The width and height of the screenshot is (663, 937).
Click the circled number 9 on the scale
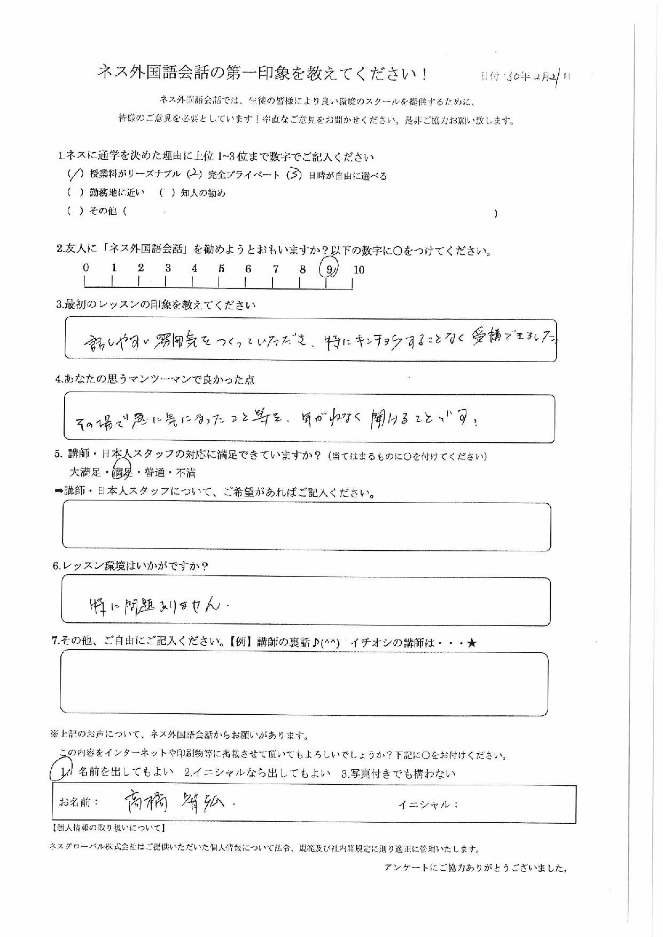(x=329, y=269)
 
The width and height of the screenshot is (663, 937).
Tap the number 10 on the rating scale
(x=358, y=270)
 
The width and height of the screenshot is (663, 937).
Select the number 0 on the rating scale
(x=85, y=268)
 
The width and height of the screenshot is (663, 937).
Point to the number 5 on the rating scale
(x=221, y=269)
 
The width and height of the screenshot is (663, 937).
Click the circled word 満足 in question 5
(x=123, y=472)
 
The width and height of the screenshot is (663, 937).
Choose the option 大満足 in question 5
(x=85, y=472)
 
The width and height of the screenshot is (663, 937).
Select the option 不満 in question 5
(x=185, y=472)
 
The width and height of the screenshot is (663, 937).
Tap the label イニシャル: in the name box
(x=428, y=805)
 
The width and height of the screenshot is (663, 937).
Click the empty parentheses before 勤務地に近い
(x=75, y=193)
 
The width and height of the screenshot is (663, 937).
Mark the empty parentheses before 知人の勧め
(x=167, y=193)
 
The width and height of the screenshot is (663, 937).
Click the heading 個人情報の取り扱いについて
(x=109, y=828)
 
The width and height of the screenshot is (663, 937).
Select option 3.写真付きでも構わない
(x=398, y=773)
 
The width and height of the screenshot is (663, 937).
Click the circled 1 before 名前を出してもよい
(x=64, y=771)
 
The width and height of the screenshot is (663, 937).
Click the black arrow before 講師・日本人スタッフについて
(x=58, y=491)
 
